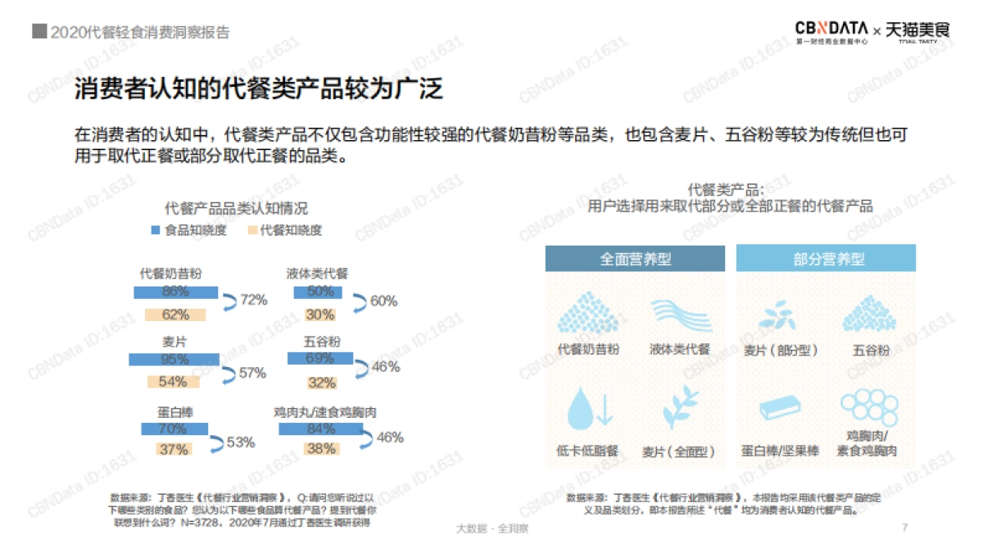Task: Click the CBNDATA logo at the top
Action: (x=832, y=29)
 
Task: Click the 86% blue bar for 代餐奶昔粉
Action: (x=175, y=292)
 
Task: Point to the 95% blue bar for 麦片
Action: (x=174, y=359)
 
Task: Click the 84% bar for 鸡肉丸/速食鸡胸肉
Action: (x=320, y=428)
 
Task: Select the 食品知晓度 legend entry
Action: (x=188, y=230)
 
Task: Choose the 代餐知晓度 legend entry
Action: (x=284, y=230)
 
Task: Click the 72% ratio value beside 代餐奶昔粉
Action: (x=254, y=300)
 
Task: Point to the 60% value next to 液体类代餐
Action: (x=383, y=301)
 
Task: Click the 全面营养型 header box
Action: (x=636, y=259)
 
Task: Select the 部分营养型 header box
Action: (x=826, y=259)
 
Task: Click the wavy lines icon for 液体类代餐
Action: (x=680, y=315)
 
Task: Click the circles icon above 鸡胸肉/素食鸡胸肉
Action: (x=871, y=405)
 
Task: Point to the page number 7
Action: (x=904, y=528)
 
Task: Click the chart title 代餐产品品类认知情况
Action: (x=236, y=209)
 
